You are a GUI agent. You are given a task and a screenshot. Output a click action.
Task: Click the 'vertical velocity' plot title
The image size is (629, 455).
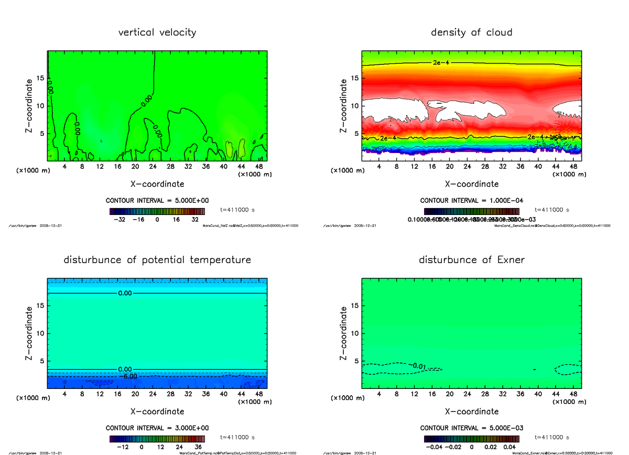pyautogui.click(x=157, y=32)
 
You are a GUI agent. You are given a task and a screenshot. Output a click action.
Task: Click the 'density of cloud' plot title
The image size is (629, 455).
pyautogui.click(x=471, y=32)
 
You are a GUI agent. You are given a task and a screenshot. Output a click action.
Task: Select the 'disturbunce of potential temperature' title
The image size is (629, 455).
pyautogui.click(x=157, y=260)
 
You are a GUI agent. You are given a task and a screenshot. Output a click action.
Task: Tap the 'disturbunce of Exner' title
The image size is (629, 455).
pyautogui.click(x=471, y=260)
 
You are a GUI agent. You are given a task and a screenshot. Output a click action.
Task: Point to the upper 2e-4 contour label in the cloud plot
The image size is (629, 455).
pyautogui.click(x=440, y=63)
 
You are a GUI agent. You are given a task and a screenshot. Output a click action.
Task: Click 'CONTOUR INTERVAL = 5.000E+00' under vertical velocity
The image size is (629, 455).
pyautogui.click(x=157, y=201)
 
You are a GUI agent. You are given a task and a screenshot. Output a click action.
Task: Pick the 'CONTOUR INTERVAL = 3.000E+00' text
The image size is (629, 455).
pyautogui.click(x=157, y=428)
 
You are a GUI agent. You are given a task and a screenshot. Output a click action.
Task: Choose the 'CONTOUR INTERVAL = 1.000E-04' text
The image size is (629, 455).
pyautogui.click(x=471, y=201)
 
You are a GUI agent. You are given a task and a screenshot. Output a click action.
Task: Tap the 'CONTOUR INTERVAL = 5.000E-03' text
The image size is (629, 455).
pyautogui.click(x=471, y=428)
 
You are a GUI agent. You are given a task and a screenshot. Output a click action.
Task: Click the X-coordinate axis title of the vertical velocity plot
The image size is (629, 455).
pyautogui.click(x=157, y=184)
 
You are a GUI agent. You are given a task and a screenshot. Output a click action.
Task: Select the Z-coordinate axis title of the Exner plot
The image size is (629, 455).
pyautogui.click(x=344, y=333)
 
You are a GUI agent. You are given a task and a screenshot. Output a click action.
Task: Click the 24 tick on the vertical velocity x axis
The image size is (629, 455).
pyautogui.click(x=153, y=167)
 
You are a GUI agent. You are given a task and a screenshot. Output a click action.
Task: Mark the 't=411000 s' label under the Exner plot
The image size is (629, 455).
pyautogui.click(x=551, y=437)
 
